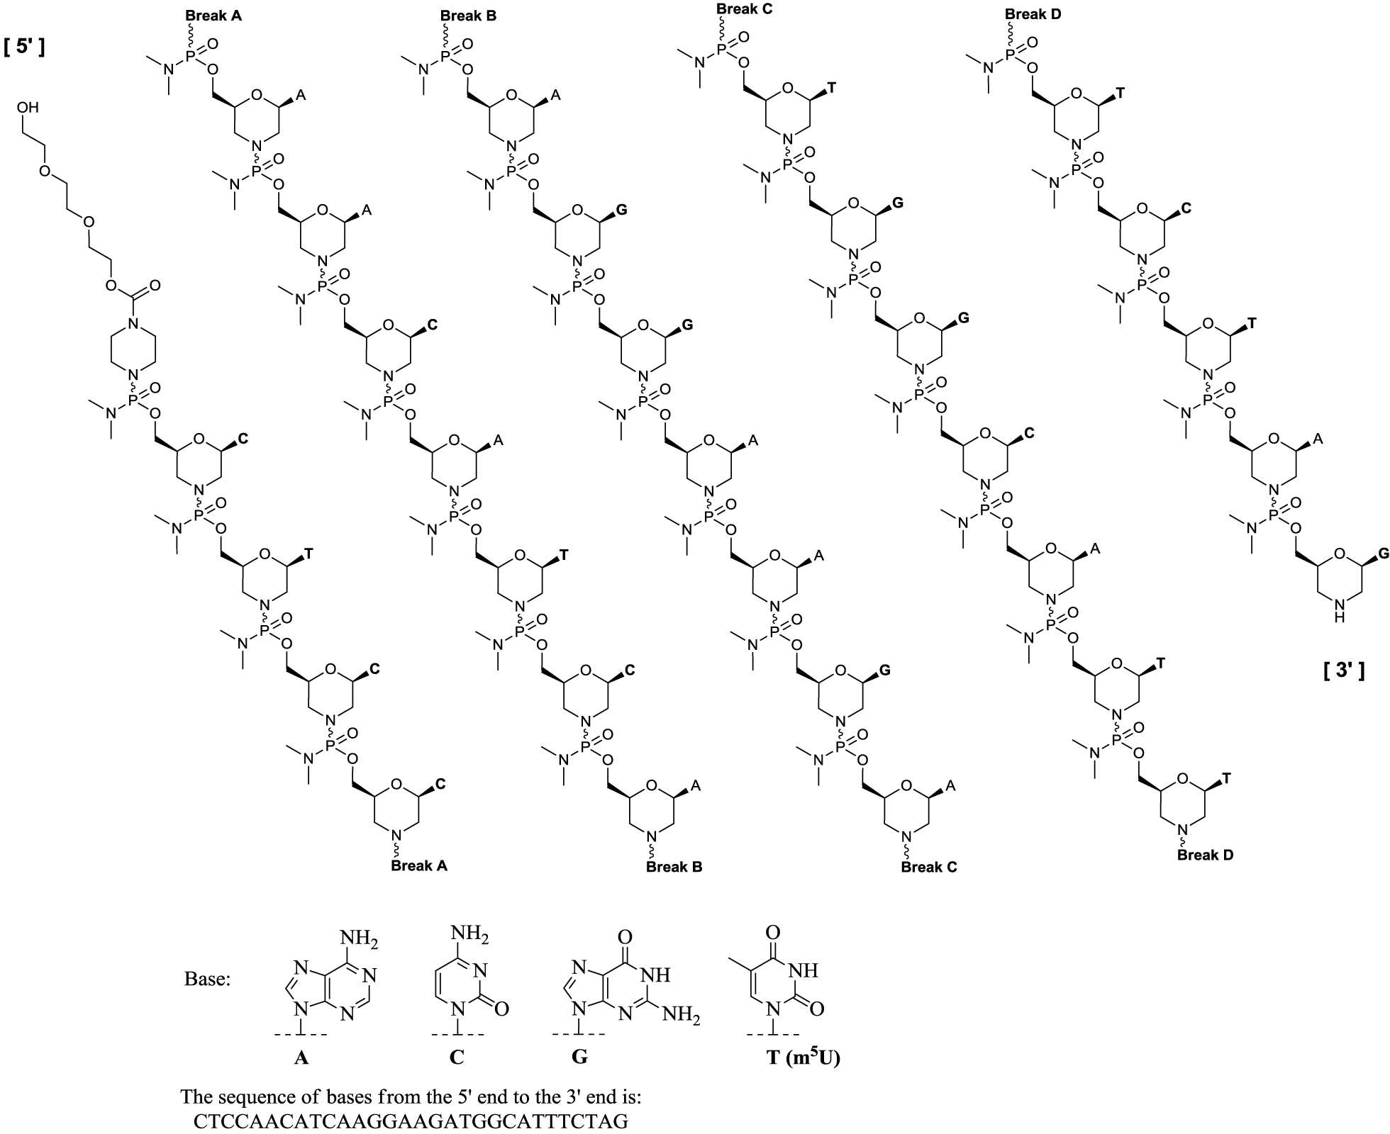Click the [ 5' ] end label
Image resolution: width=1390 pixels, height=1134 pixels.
tap(25, 48)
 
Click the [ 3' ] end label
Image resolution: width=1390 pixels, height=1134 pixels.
tap(1344, 670)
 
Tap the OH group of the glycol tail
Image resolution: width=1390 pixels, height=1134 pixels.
tap(29, 108)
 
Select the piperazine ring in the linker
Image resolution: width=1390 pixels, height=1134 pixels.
tap(133, 349)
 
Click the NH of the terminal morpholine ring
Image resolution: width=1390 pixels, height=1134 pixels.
tap(1338, 609)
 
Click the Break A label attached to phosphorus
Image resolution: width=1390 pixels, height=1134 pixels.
tap(213, 15)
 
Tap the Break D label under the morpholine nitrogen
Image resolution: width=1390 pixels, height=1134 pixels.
tap(1206, 855)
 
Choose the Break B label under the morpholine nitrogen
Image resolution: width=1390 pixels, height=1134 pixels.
tap(674, 866)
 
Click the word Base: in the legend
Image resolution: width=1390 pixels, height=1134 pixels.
tap(207, 979)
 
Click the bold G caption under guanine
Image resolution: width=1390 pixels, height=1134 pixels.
tap(579, 1057)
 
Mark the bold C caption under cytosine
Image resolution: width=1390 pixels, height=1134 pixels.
tap(457, 1057)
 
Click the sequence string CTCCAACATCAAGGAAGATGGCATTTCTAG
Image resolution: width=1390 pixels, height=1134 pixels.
tap(411, 1123)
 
